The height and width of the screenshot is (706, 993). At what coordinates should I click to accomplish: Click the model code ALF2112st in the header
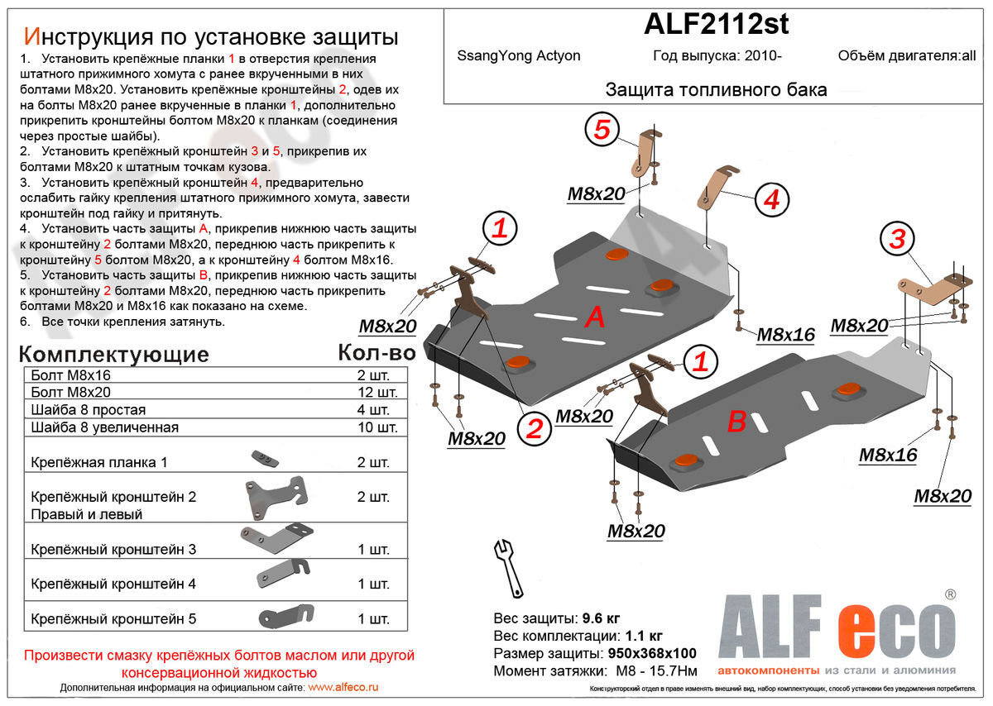(716, 25)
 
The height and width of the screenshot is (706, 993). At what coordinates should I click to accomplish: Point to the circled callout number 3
(898, 240)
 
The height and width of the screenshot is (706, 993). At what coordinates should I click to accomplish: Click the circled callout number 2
(535, 428)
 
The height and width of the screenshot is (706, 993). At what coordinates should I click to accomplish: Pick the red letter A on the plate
(594, 317)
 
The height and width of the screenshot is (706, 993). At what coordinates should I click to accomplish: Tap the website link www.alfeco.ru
(343, 688)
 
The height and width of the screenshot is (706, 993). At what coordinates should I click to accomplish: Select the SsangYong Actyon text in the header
(519, 56)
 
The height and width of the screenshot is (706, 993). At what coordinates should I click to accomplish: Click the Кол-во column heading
(376, 353)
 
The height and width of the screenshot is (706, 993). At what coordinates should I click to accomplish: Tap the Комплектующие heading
(113, 355)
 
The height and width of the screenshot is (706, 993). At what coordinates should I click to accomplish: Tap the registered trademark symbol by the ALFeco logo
(951, 594)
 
